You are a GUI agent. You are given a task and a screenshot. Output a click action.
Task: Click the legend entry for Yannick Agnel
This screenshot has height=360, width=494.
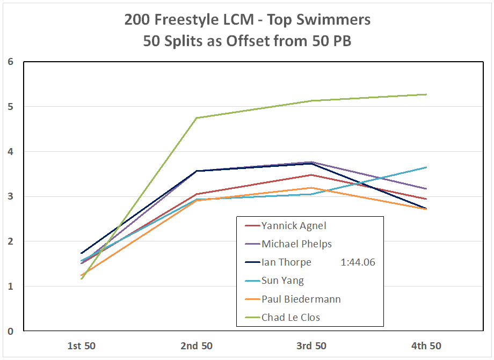pos(293,226)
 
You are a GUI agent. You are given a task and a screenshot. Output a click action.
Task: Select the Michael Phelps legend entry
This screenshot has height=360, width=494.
pos(296,244)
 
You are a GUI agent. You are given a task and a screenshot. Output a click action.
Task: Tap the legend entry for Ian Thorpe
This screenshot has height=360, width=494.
pos(286,262)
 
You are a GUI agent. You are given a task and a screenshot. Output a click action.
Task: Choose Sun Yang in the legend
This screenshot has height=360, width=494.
pos(282,281)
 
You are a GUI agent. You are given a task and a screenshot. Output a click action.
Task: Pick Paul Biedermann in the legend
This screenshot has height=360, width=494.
pos(301,299)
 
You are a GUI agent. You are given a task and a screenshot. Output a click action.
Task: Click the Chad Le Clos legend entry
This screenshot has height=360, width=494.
pos(290,317)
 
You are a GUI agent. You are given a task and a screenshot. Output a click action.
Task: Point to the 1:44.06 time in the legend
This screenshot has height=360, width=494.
pos(358,262)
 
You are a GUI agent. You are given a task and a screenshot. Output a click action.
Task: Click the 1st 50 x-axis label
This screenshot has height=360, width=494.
pos(81,346)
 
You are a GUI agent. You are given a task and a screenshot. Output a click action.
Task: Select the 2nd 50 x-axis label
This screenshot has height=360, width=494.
pos(196,346)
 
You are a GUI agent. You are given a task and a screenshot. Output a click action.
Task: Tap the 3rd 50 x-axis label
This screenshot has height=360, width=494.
pos(311,346)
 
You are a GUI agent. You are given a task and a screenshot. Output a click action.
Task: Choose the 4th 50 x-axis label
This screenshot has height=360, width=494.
pos(426,346)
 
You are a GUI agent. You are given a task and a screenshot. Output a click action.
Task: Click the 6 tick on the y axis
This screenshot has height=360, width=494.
pos(10,62)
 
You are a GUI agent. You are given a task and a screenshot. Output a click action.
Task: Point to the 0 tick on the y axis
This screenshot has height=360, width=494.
pos(10,332)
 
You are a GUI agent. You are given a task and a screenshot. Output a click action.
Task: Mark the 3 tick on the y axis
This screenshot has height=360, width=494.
pos(10,196)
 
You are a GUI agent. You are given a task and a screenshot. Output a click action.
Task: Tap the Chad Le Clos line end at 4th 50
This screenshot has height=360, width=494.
pos(426,94)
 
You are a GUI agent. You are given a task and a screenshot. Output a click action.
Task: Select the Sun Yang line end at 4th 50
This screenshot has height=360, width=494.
pos(426,167)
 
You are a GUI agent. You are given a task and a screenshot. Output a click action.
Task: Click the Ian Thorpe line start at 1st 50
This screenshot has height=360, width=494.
pos(81,253)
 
